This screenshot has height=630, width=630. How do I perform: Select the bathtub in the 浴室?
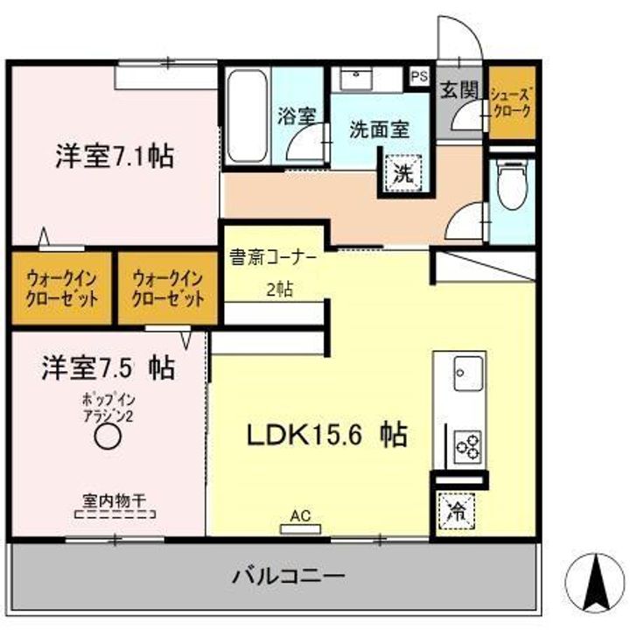(247, 116)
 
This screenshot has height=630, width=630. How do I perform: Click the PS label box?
(419, 76)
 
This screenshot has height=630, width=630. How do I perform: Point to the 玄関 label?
(458, 91)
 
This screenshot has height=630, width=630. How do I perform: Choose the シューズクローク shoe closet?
(511, 102)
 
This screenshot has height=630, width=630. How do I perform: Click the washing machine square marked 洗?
(402, 172)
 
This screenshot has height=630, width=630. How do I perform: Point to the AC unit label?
(301, 516)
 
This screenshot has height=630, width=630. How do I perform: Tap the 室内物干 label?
(114, 501)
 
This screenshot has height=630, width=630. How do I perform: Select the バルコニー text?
(288, 577)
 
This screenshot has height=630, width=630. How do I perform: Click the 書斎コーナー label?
(271, 258)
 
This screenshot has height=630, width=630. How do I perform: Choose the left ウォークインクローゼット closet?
(61, 288)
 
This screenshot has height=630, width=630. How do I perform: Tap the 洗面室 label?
(379, 130)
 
